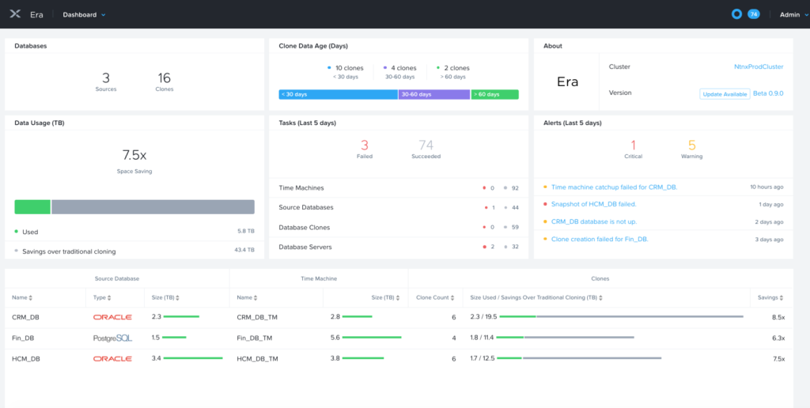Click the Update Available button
tap(724, 94)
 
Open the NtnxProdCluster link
tap(759, 67)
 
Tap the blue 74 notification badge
tap(753, 14)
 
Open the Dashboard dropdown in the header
tap(84, 14)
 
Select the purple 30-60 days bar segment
tap(433, 95)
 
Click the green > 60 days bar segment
tap(494, 95)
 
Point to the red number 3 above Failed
tap(365, 145)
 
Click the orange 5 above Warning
tap(691, 145)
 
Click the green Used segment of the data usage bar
tap(32, 206)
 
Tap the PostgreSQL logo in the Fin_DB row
tap(112, 338)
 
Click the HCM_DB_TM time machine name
tap(257, 358)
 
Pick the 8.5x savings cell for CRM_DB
tap(778, 317)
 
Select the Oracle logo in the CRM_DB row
tap(112, 317)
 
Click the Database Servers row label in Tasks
tap(305, 247)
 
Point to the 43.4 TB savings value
tap(244, 251)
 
